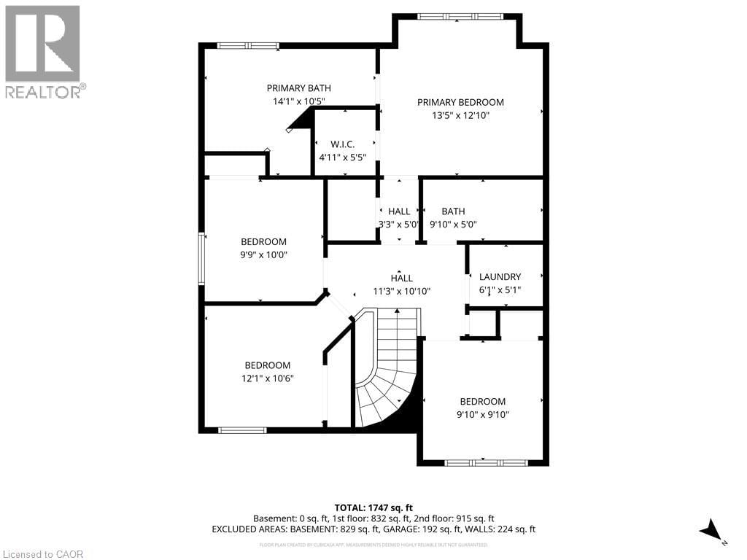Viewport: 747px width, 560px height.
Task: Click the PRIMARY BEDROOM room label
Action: click(460, 103)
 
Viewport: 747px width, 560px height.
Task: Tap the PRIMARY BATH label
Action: click(298, 88)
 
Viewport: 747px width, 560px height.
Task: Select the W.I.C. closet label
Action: click(342, 144)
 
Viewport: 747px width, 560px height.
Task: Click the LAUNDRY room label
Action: click(500, 277)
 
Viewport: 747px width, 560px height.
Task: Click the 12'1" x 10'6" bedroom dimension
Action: click(267, 378)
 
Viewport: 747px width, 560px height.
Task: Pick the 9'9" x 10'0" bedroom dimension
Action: click(264, 255)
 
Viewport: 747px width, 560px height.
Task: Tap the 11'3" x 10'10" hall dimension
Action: click(401, 291)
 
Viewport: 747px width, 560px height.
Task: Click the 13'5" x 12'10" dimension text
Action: click(460, 116)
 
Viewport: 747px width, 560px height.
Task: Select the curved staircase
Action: click(387, 372)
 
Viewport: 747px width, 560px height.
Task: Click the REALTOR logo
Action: click(44, 51)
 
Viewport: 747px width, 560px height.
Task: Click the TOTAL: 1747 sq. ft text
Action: click(373, 507)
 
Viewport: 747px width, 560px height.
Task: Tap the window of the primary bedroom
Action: click(460, 15)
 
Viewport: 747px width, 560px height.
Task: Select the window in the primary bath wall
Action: click(247, 46)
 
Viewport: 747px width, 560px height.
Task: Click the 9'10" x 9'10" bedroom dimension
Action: click(482, 414)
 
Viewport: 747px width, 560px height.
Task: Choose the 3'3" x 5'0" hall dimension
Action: click(398, 225)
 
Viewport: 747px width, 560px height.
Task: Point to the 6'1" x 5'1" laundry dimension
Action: click(500, 290)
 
